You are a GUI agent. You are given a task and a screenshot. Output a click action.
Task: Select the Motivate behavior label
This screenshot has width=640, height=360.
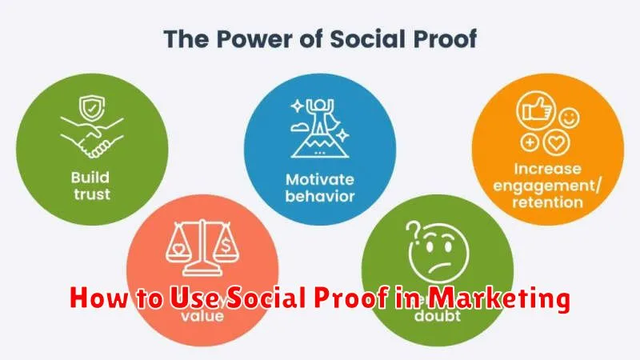(x=319, y=186)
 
